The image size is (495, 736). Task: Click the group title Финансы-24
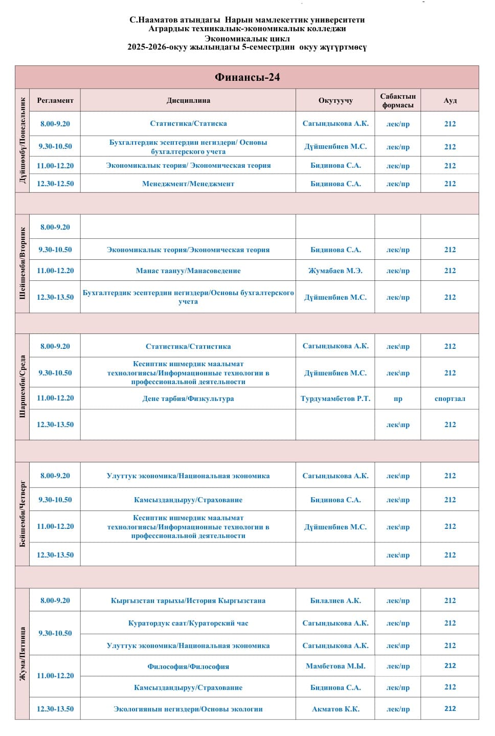[x=247, y=77]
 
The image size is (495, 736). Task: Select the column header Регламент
[x=55, y=100]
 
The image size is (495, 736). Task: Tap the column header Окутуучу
[x=335, y=100]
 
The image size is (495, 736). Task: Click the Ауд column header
[x=450, y=100]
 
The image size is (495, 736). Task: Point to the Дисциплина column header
[x=188, y=100]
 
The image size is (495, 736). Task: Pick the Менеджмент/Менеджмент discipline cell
[x=188, y=184]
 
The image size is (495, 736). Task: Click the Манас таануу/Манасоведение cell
[x=188, y=271]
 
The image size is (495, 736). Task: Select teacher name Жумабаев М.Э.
[x=335, y=271]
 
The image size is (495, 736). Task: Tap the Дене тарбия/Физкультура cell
[x=188, y=398]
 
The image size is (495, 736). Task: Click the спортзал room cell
[x=450, y=398]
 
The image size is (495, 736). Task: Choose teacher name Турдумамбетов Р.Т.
[x=335, y=398]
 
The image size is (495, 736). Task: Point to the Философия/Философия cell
[x=188, y=666]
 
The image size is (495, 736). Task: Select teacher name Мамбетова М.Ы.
[x=335, y=666]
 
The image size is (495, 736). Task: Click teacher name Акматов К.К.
[x=335, y=709]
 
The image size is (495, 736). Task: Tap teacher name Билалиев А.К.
[x=335, y=600]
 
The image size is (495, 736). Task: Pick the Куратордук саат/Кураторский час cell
[x=188, y=623]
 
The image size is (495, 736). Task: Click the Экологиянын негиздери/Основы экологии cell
[x=188, y=709]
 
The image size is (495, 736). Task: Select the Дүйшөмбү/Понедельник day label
[x=22, y=141]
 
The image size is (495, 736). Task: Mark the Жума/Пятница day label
[x=22, y=654]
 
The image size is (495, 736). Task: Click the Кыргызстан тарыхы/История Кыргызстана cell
[x=188, y=600]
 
